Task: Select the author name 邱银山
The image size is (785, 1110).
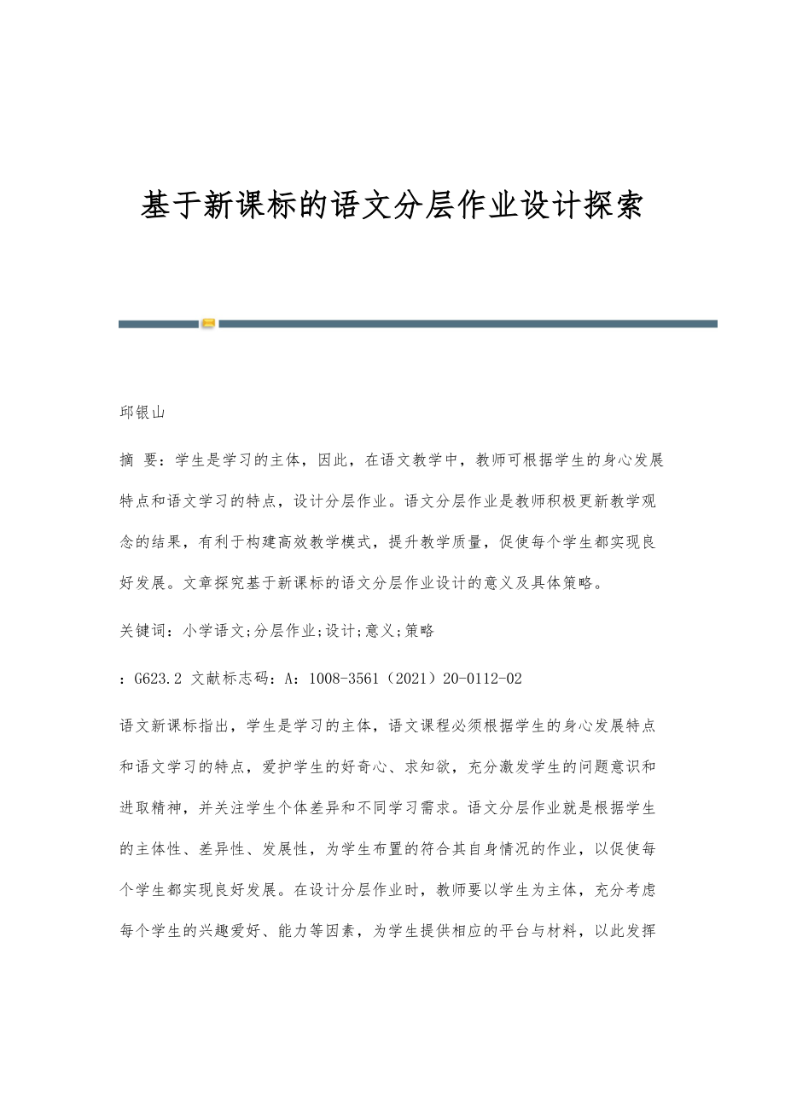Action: (142, 413)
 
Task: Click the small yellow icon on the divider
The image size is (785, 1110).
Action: (208, 324)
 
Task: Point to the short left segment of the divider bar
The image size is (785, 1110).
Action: (158, 324)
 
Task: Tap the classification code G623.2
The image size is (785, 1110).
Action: (159, 679)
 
